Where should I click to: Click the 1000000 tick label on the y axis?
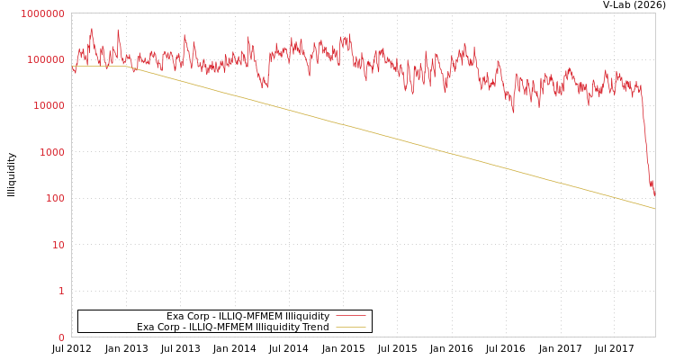[42, 13]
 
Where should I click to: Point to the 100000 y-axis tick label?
[45, 59]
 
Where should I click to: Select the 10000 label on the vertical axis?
[48, 106]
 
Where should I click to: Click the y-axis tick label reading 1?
[61, 291]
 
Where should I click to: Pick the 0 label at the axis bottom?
[61, 337]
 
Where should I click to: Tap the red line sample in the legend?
[350, 316]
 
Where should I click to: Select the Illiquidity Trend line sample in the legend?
[350, 328]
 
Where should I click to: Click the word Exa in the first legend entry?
[175, 317]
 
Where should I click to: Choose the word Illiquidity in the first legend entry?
[307, 317]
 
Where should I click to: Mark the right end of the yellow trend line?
[654, 209]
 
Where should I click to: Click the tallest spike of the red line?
[91, 29]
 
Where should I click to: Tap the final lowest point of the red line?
[654, 196]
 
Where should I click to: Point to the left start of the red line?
[72, 66]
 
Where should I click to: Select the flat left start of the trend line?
[74, 66]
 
